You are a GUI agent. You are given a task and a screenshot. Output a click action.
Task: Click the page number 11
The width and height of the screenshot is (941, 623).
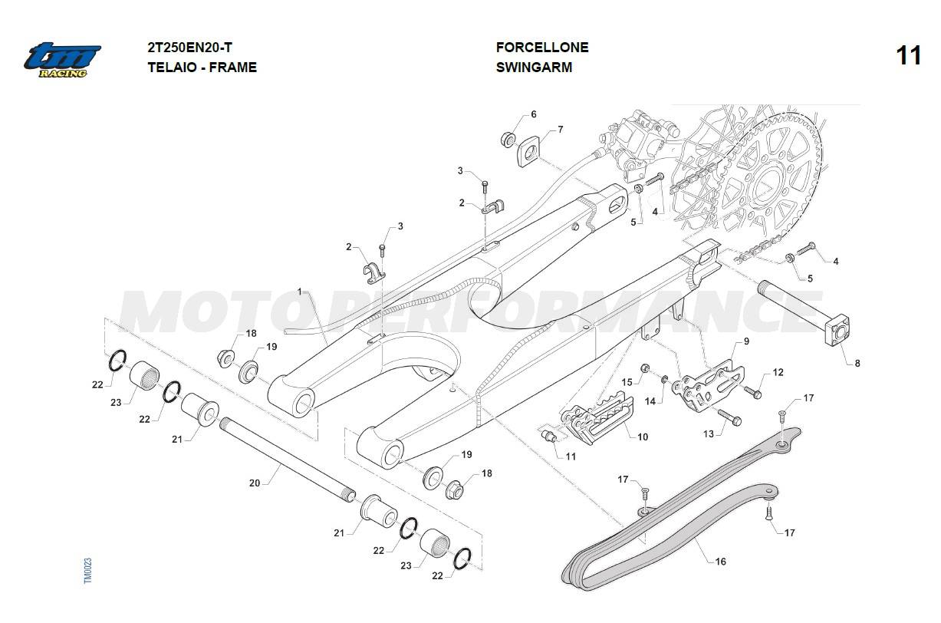[x=908, y=56]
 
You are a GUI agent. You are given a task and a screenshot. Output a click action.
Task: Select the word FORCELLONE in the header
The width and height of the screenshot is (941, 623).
[x=541, y=47]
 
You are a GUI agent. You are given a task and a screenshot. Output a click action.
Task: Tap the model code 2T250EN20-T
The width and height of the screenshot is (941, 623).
[x=189, y=47]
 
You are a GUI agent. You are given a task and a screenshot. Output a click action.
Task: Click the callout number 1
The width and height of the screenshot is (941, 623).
[x=300, y=292]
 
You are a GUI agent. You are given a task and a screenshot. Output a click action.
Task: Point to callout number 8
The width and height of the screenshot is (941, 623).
[x=857, y=363]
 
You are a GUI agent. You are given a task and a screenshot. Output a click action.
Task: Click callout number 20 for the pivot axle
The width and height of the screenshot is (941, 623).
[x=255, y=483]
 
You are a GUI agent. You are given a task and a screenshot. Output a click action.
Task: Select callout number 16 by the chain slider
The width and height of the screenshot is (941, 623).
[x=720, y=562]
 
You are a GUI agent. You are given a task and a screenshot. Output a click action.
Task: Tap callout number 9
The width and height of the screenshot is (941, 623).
[x=746, y=341]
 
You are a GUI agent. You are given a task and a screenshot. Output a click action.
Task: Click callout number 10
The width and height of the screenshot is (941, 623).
[x=643, y=437]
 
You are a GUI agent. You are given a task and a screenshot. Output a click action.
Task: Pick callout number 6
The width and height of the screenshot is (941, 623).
[x=533, y=114]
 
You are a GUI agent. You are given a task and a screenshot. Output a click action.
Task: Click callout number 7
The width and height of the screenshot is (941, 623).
[x=561, y=129]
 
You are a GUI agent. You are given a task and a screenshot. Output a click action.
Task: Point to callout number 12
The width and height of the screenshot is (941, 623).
[x=778, y=372]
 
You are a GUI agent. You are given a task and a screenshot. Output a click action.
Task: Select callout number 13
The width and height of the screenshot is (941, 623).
[x=709, y=433]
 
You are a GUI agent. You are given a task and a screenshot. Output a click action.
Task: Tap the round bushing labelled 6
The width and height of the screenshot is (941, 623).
[x=508, y=140]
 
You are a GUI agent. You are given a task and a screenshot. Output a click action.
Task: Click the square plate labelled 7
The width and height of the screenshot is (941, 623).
[x=528, y=151]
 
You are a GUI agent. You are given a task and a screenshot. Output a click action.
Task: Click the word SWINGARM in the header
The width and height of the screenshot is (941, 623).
[x=534, y=67]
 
